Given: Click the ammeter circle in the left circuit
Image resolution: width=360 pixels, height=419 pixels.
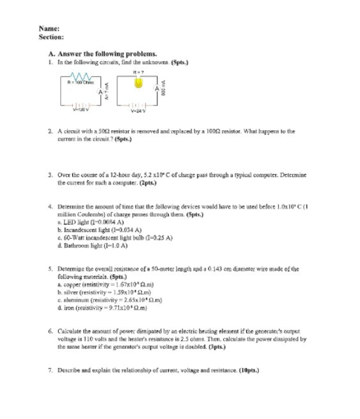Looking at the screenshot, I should coord(100,93).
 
